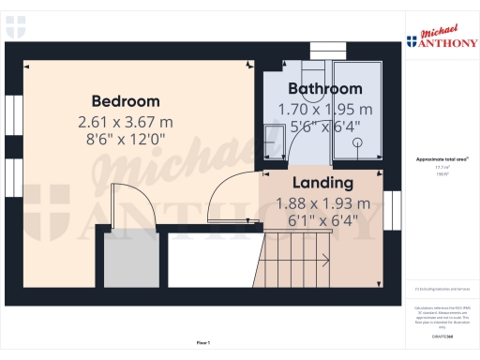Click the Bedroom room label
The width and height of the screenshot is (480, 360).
coord(126,100)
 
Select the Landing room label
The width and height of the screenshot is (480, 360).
coord(322,182)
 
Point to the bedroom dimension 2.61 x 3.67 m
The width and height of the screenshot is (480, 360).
coord(126,122)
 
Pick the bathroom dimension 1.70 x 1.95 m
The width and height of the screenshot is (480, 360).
coord(325,110)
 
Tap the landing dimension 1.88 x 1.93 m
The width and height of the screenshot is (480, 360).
coord(322,203)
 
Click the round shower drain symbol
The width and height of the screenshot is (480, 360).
coord(357,142)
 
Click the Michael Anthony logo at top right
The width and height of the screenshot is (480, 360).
coord(440,38)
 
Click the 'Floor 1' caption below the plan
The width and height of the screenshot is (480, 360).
coord(202,344)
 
